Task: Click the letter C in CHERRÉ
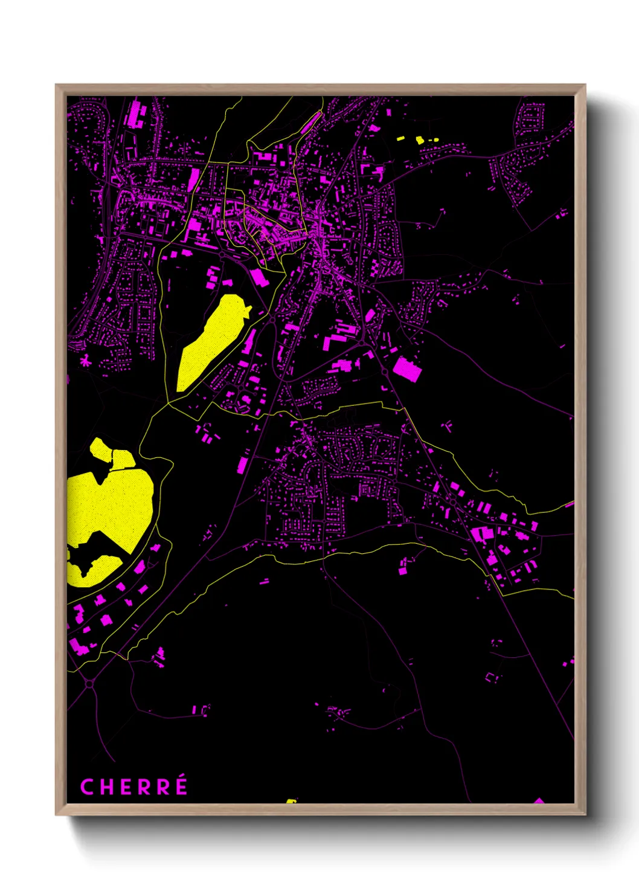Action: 87,787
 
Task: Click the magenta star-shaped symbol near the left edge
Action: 85,362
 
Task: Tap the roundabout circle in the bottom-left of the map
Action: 90,684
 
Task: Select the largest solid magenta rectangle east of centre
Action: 406,368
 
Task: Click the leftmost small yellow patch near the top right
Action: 400,138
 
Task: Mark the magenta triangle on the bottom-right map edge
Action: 539,801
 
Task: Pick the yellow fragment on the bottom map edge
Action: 291,802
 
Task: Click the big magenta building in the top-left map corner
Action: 135,114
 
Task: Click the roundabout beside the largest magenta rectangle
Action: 385,373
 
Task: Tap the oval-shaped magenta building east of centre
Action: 370,315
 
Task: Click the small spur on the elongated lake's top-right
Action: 247,312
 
